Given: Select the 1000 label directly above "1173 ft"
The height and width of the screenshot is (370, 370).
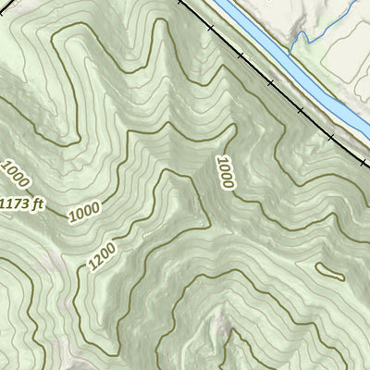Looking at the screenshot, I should (16, 173).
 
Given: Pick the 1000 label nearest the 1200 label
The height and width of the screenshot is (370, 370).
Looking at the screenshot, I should (83, 213).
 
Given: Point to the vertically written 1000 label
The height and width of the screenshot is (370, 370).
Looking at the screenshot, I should (225, 173).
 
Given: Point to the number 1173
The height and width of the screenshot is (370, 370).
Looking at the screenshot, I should (17, 202).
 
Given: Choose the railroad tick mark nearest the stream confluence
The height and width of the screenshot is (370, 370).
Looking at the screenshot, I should (271, 84).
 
